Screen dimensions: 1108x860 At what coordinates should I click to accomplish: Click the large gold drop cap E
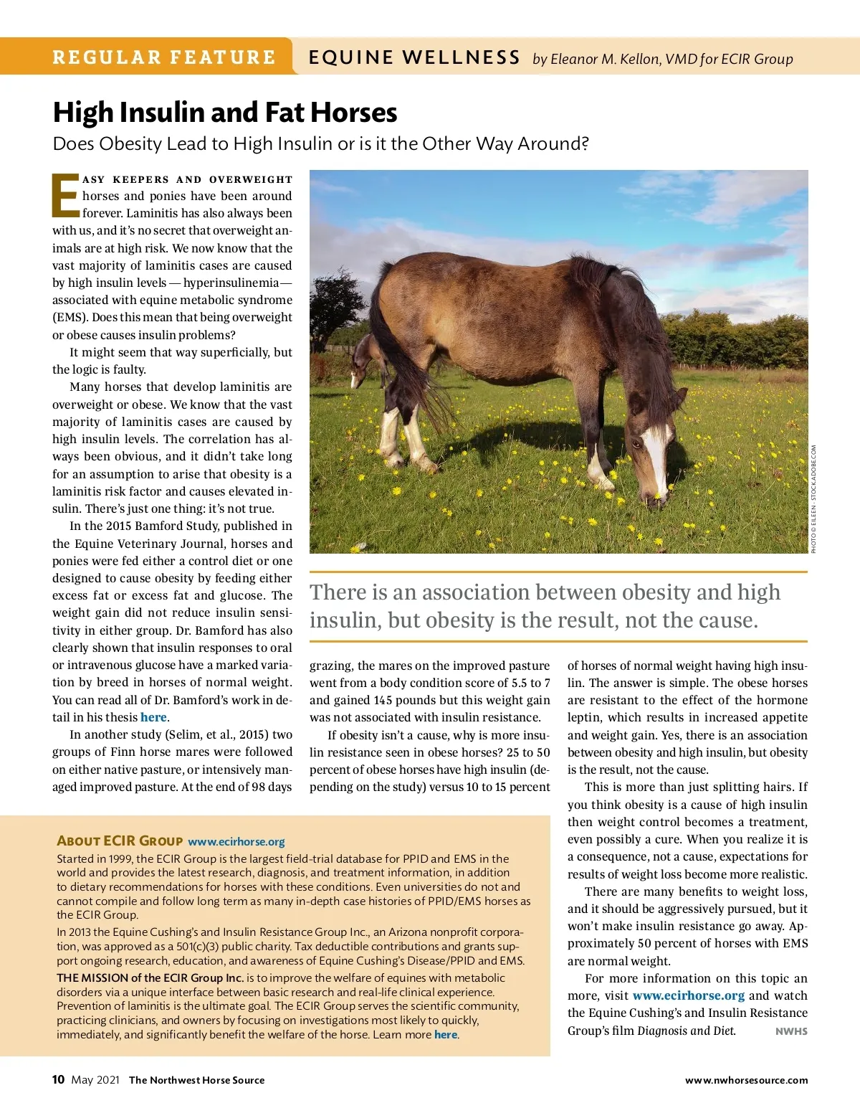tap(65, 195)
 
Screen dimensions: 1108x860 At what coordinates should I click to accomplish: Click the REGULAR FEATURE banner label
tap(164, 57)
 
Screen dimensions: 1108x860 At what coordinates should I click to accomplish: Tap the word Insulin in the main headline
tap(161, 113)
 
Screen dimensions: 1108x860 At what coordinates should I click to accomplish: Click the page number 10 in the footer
tap(58, 1079)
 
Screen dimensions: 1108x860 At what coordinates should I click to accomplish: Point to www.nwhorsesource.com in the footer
tap(746, 1080)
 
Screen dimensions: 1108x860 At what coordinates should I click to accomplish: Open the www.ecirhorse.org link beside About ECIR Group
tap(236, 841)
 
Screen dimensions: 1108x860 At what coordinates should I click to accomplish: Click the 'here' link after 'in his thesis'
tap(153, 717)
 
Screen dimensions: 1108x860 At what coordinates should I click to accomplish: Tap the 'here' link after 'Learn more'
tap(445, 1034)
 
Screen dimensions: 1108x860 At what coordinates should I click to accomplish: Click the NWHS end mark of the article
tap(791, 1031)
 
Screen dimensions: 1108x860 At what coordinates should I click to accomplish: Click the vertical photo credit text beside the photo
tap(814, 498)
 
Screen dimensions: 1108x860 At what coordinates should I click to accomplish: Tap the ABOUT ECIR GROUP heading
tap(120, 841)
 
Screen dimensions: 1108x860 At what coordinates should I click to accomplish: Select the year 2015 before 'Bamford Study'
tap(118, 526)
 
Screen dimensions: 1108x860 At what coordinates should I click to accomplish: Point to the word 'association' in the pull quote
tap(501, 592)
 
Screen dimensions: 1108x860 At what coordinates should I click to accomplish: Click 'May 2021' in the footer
tap(95, 1080)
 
